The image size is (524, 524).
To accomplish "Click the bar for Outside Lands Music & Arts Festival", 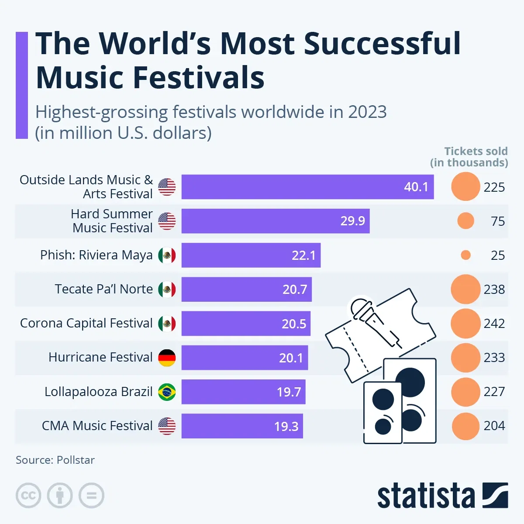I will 288,187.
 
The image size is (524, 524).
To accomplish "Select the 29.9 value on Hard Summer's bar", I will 353,221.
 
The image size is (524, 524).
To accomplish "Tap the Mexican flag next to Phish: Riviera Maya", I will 167,255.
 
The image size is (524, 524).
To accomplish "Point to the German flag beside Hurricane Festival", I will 167,358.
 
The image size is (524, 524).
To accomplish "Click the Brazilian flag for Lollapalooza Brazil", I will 167,392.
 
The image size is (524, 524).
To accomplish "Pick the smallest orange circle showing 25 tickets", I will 465,255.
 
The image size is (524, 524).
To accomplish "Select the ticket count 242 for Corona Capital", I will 494,324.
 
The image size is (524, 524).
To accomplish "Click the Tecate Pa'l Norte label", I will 104,289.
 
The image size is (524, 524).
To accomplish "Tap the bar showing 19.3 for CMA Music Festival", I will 242,426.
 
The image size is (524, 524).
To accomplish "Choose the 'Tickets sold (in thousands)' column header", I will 470,157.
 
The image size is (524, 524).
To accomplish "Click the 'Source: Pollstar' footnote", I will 55,460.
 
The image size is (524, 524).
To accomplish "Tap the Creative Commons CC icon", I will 28,496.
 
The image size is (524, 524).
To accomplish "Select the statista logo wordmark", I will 426,496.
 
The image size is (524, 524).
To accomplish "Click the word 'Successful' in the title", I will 382,44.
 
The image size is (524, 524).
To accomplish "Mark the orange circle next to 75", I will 465,221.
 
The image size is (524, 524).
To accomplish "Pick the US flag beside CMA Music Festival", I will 167,426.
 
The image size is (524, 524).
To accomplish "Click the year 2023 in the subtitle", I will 367,112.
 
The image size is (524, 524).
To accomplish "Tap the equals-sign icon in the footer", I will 92,496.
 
